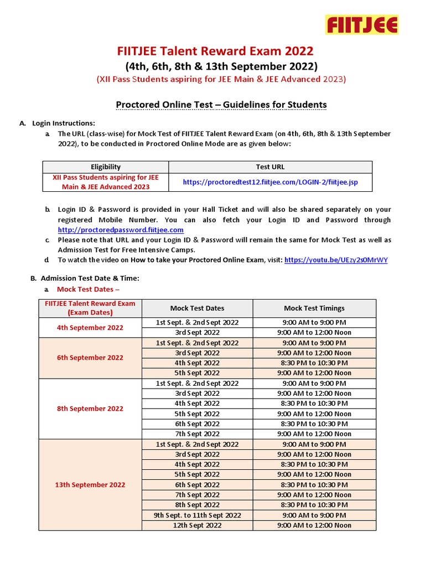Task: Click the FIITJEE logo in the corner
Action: click(361, 25)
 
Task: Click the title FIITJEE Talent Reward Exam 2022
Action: click(215, 51)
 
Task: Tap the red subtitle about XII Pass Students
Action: click(221, 79)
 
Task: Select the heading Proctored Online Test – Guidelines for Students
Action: click(221, 104)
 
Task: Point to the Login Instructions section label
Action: click(64, 123)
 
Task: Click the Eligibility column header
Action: click(106, 166)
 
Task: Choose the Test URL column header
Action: click(270, 166)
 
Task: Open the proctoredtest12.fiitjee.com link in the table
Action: click(270, 182)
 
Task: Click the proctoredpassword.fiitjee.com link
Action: click(121, 229)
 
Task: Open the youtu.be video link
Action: click(336, 260)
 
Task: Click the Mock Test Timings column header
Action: click(314, 308)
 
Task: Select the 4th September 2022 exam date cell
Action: click(90, 327)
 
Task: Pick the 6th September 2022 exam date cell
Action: click(90, 358)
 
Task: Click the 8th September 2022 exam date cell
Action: click(90, 408)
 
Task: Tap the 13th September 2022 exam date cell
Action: click(90, 485)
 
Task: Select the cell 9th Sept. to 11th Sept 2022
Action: click(197, 515)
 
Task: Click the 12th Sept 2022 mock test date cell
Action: click(197, 525)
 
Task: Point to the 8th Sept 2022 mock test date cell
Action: click(197, 505)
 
